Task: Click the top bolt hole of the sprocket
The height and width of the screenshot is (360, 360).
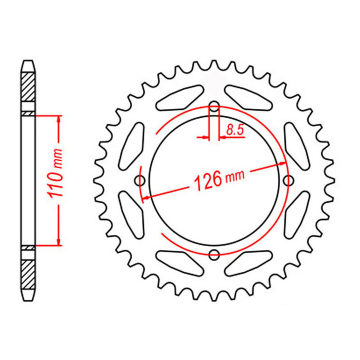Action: click(214, 107)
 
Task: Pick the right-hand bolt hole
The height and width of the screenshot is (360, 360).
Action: click(287, 180)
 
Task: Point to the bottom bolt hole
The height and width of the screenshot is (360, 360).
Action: click(214, 254)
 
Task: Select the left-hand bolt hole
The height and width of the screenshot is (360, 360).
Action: click(140, 180)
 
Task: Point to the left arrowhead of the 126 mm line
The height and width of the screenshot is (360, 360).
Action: click(145, 198)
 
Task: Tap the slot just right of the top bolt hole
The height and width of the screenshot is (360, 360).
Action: click(248, 97)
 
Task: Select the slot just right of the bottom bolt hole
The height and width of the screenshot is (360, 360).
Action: click(248, 263)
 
